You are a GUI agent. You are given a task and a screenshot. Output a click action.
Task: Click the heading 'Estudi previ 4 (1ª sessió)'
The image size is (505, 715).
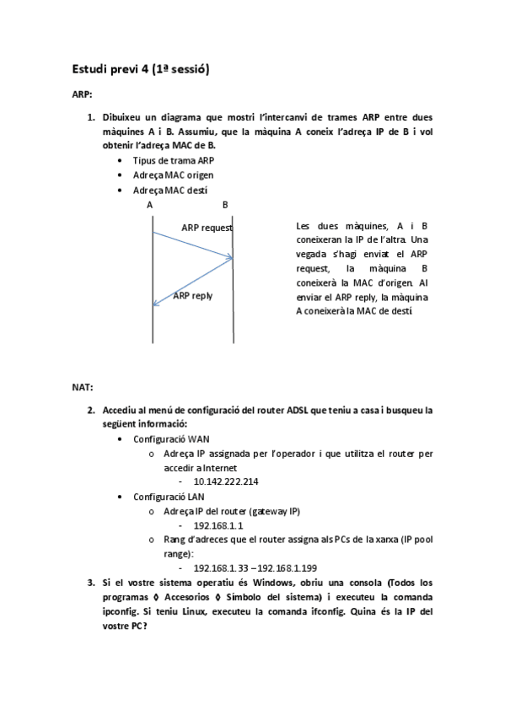[x=140, y=70]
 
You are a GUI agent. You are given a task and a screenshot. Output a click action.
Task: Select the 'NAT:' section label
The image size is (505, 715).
[x=82, y=388]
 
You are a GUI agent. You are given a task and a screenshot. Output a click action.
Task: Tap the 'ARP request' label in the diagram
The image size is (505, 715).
[x=207, y=228]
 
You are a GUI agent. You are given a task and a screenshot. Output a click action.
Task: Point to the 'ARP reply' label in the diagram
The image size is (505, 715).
[x=192, y=295]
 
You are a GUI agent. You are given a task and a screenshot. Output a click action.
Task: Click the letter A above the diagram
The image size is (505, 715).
[x=149, y=205]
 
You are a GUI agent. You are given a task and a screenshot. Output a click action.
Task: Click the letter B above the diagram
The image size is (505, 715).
[x=225, y=205]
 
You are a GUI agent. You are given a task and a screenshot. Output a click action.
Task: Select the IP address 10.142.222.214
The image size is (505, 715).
[x=226, y=481]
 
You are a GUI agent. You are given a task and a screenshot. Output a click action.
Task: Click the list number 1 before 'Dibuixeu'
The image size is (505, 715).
[x=91, y=117]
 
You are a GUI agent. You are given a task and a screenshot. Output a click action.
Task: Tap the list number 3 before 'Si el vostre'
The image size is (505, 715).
[x=91, y=583]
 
